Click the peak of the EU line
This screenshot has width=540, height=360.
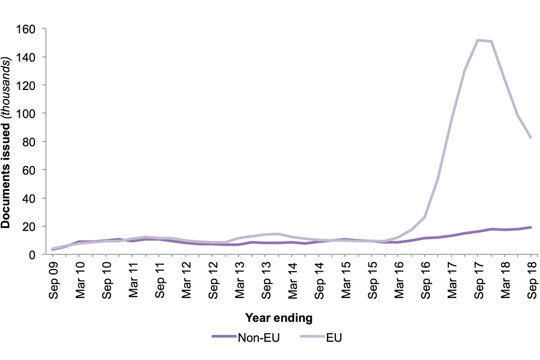pos(478,40)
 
